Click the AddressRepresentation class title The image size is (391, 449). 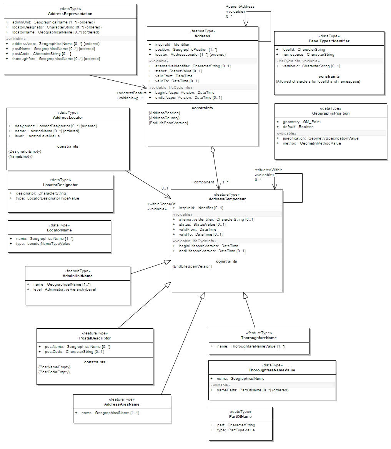point(70,14)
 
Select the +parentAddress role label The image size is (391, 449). point(240,7)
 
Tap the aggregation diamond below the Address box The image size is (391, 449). point(212,150)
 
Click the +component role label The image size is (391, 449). point(203,182)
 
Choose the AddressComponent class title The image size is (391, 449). point(227,199)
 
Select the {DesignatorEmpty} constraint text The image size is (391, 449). point(25,151)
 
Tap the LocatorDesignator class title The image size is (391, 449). point(60,185)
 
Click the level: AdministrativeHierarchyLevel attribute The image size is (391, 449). point(64,289)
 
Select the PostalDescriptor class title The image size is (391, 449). point(95,338)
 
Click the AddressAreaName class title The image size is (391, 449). point(121,404)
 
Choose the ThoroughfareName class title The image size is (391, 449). point(259,338)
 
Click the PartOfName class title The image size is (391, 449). point(240,416)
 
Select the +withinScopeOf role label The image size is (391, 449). point(161,204)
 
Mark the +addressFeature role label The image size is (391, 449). point(131,93)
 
